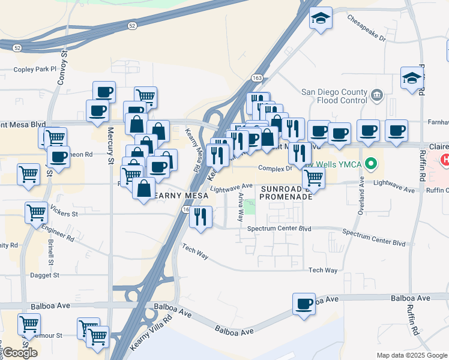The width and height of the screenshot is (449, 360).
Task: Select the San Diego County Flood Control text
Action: point(334,97)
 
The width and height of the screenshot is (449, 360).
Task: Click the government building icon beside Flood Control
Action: point(376,94)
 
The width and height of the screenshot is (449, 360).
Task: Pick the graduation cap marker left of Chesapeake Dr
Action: point(321,19)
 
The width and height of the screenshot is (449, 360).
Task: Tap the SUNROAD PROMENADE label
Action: point(286,193)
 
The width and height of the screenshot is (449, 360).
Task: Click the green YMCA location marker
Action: point(371,163)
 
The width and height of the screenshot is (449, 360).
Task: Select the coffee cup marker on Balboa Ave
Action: point(304,303)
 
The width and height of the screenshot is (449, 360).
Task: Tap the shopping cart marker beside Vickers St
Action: point(36,212)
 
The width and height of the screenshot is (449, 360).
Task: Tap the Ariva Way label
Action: point(240,208)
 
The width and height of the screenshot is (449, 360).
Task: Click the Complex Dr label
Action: point(274,169)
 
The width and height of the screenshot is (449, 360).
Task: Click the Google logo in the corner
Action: point(19,353)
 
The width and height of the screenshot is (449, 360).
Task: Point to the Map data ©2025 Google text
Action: point(411,355)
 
